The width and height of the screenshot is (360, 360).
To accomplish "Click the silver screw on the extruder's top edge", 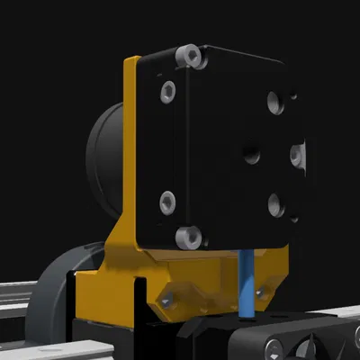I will (x=190, y=57).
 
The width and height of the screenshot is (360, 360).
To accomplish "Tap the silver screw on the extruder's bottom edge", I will (x=187, y=237).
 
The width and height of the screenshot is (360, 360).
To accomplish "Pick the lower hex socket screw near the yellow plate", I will (x=166, y=201).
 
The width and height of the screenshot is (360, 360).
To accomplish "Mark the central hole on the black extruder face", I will (x=251, y=155).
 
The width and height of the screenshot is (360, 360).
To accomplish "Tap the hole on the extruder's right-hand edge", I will (x=298, y=155).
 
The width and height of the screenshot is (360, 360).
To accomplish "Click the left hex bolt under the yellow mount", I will (x=166, y=300).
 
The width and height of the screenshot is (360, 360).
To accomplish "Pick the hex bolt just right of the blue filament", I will (x=261, y=292).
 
